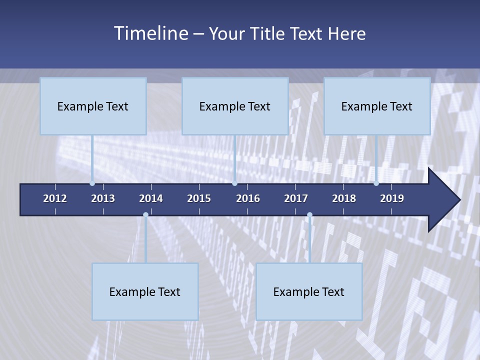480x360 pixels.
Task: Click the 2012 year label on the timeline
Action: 55,198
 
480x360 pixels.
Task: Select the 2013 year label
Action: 103,198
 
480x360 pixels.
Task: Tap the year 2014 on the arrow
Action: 151,198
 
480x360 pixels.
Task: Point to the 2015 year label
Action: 199,198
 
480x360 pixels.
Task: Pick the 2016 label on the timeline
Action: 248,198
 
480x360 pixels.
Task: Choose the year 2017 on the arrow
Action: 296,198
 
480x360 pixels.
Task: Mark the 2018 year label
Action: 344,198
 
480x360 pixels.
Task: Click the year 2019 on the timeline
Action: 392,198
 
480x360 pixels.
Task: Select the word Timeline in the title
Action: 151,33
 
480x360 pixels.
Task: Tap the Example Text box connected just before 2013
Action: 93,106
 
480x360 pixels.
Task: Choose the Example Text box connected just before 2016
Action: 235,106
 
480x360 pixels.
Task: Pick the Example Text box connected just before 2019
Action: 377,106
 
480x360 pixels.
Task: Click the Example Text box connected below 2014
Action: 145,291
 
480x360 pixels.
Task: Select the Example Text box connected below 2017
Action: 309,291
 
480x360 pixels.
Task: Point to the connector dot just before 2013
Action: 92,183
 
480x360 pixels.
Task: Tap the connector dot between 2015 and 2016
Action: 234,183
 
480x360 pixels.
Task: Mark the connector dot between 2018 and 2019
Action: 376,183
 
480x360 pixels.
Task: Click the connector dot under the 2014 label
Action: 145,215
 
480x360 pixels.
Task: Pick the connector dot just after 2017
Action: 309,215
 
